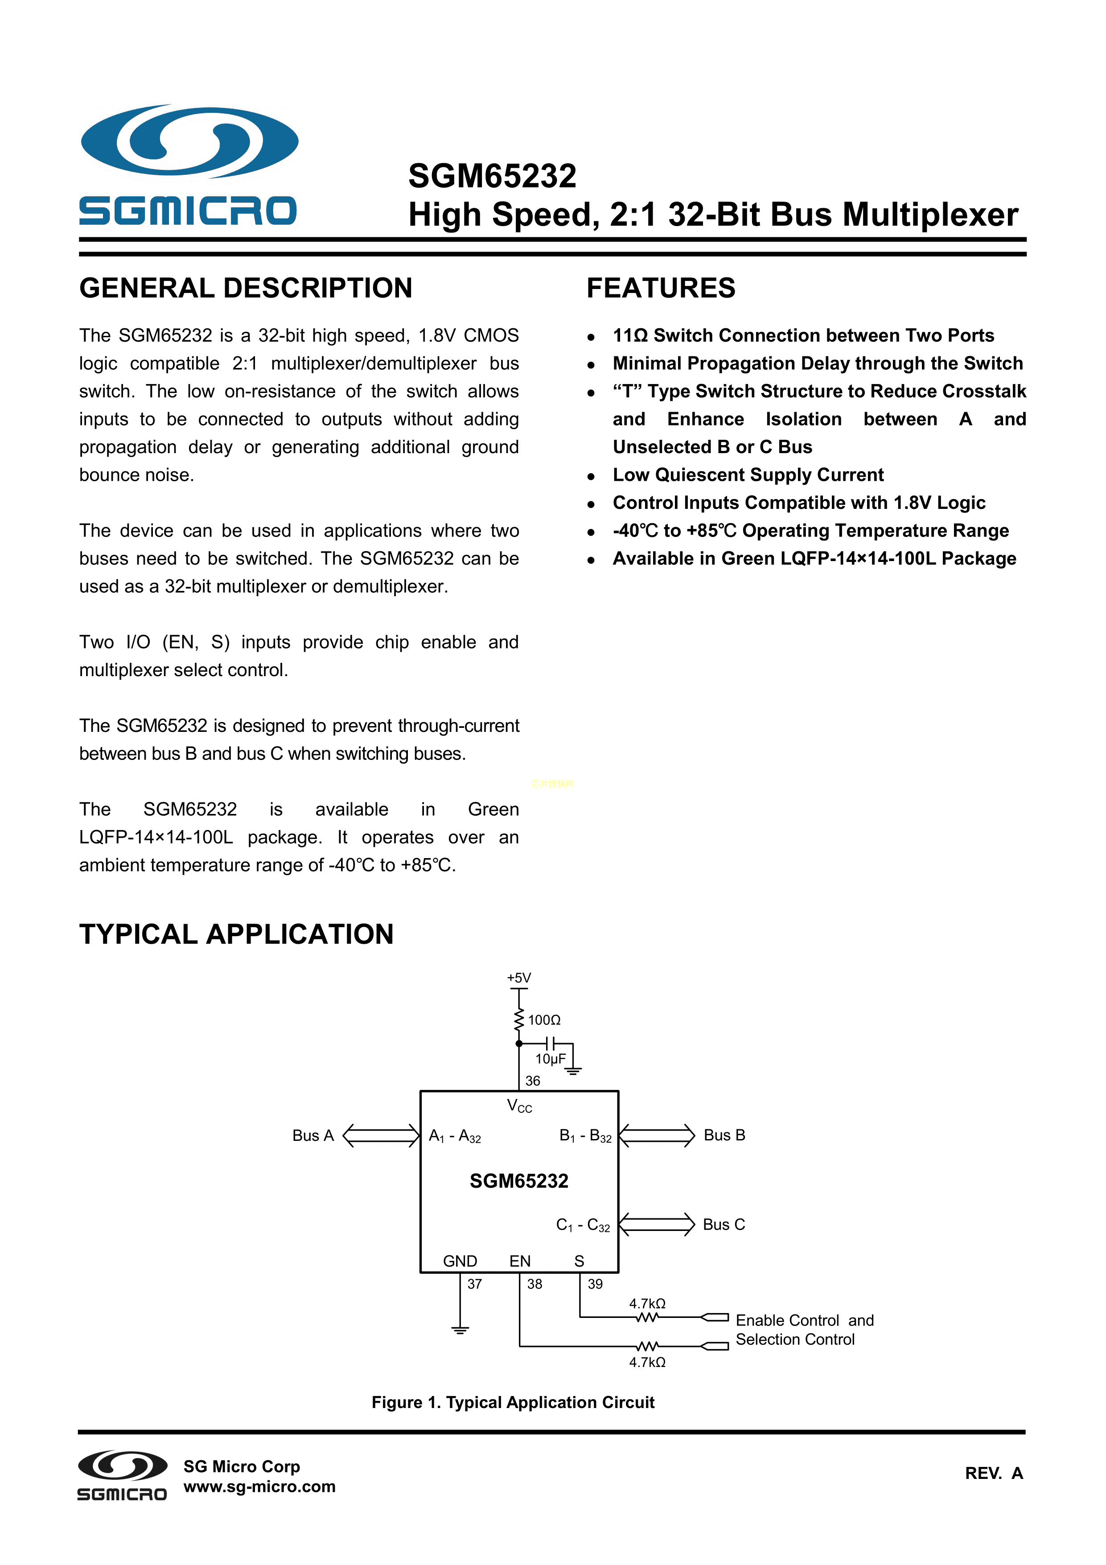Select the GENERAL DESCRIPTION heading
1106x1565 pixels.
(245, 288)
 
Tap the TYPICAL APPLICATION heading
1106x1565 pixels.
(236, 934)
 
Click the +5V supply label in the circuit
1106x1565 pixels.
(518, 978)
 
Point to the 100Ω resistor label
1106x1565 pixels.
(544, 1020)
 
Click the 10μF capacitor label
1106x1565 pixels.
(550, 1058)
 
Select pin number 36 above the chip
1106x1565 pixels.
(532, 1080)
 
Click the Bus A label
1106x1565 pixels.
(313, 1135)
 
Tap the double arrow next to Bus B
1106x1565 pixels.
(656, 1135)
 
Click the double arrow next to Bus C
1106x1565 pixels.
(656, 1224)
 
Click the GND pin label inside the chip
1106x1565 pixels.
(460, 1261)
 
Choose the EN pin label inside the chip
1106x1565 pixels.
(519, 1261)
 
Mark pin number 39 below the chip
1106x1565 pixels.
(595, 1284)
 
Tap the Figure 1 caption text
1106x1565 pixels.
(513, 1402)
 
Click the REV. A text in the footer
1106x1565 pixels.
(994, 1473)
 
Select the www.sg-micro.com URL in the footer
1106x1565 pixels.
(259, 1487)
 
